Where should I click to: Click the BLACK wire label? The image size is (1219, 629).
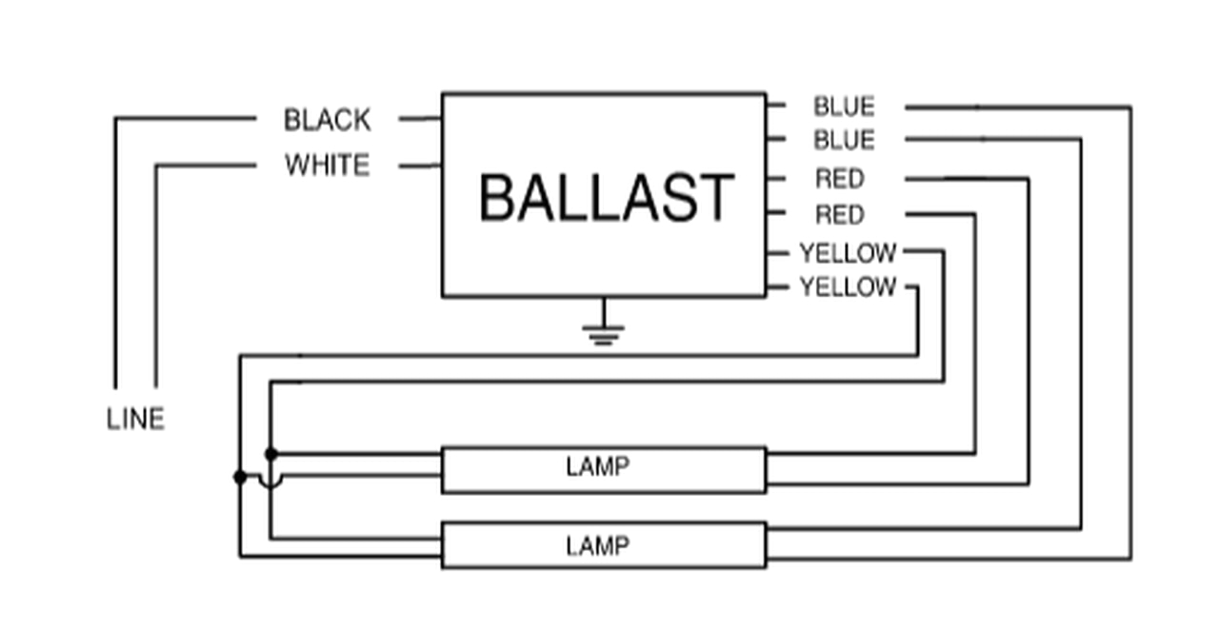tap(327, 121)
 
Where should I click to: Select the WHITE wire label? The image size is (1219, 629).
tap(327, 166)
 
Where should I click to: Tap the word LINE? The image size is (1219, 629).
tap(135, 419)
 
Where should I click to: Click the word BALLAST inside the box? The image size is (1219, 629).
tap(606, 198)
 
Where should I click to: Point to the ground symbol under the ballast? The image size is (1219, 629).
tap(603, 332)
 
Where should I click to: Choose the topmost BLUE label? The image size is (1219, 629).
tap(843, 106)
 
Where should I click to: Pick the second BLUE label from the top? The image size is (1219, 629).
tap(843, 141)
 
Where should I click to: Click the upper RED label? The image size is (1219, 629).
tap(839, 179)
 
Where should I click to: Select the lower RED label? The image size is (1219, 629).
tap(839, 215)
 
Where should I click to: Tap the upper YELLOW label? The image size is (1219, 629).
tap(848, 253)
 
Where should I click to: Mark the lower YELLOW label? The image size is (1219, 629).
tap(848, 287)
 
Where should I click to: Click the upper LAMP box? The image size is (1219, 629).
tap(603, 469)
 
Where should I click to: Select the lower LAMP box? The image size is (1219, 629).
tap(603, 545)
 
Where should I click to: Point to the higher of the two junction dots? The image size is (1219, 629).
tap(270, 453)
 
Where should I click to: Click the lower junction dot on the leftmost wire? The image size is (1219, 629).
tap(239, 476)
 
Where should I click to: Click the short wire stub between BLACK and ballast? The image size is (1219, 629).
tap(420, 120)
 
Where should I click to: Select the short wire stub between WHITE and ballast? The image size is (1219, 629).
tap(420, 167)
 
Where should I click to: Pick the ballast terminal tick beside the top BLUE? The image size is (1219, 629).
tap(775, 105)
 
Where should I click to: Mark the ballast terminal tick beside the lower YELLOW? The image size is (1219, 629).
tap(776, 287)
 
